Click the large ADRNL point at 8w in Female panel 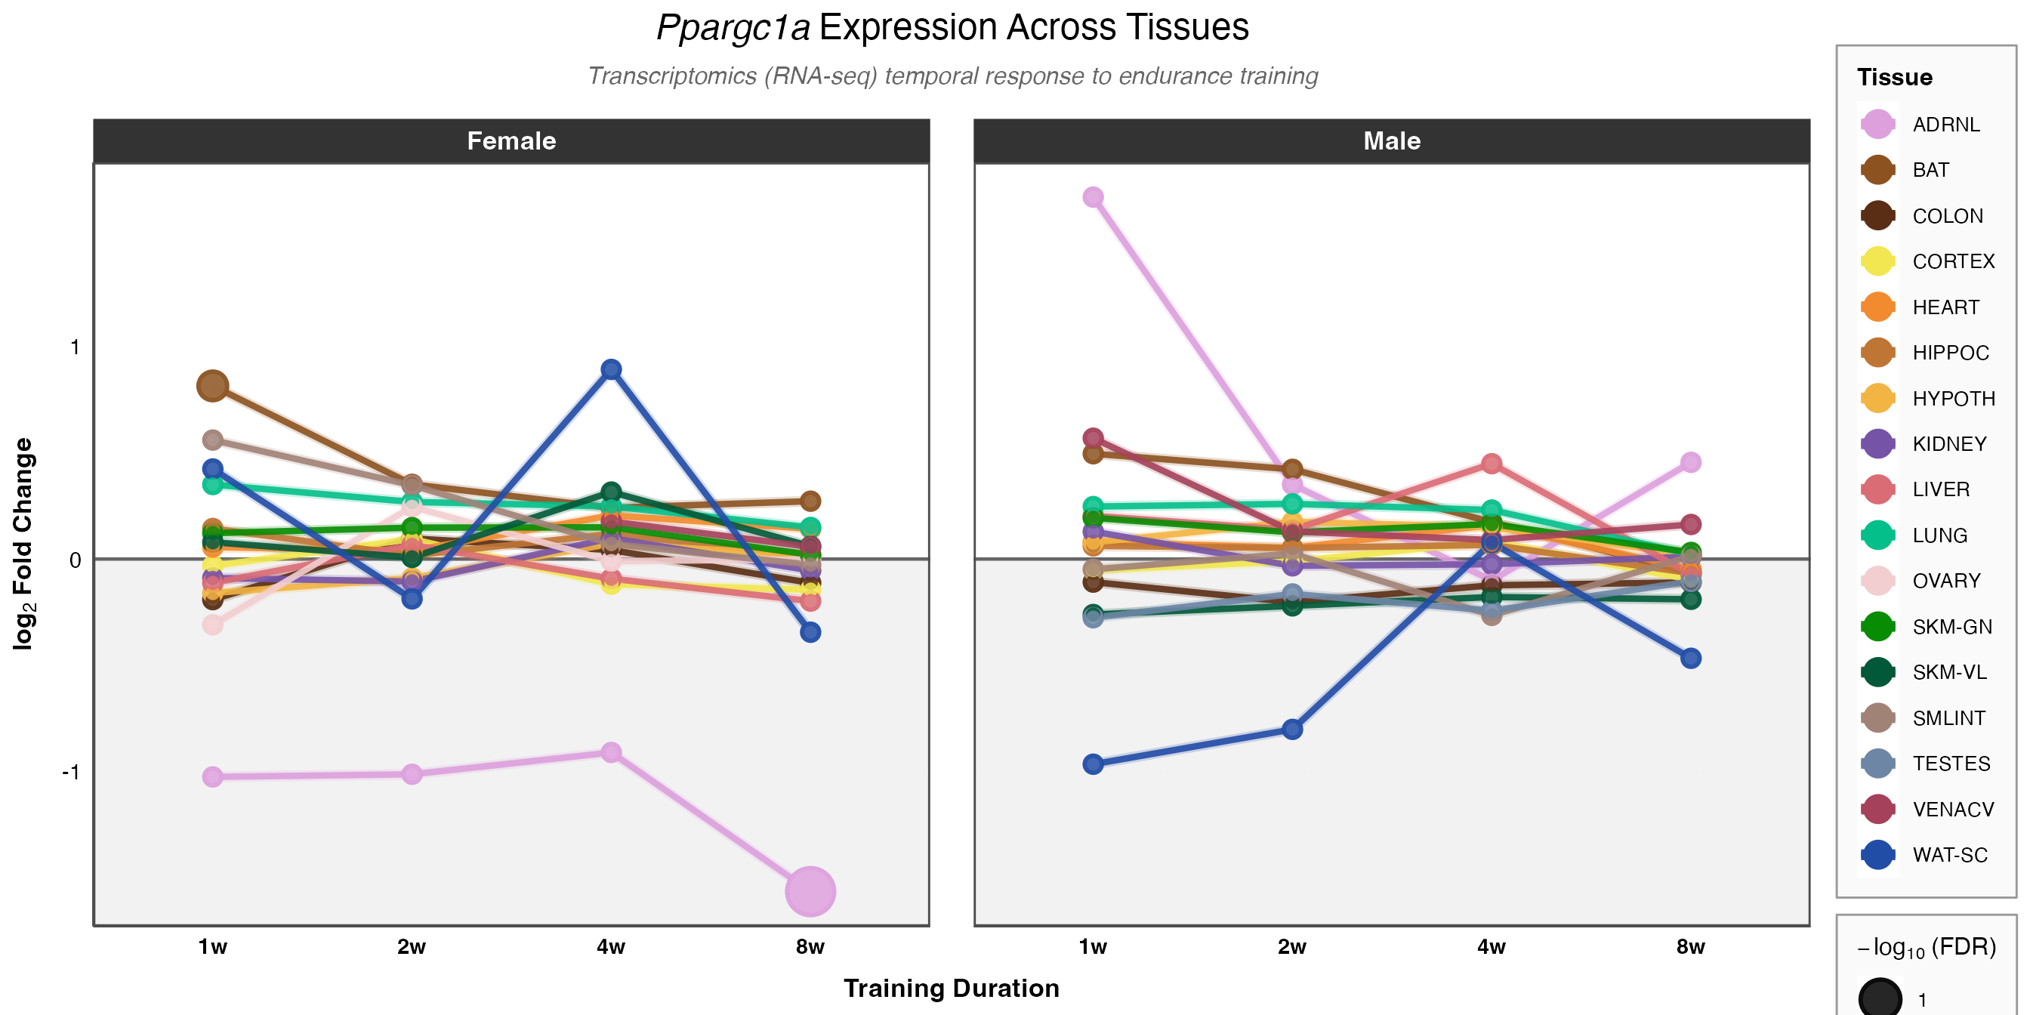point(810,891)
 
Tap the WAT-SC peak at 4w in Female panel point(611,369)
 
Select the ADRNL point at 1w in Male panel point(1093,197)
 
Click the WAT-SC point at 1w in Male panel point(1093,764)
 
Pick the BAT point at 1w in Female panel point(213,386)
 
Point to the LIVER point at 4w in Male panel point(1491,464)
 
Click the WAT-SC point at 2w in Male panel point(1292,729)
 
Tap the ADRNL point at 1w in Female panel point(213,776)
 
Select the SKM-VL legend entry point(1949,672)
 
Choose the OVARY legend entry point(1945,581)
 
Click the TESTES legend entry point(1951,764)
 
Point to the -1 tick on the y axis point(72,773)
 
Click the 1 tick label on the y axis point(75,347)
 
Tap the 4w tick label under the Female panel point(611,946)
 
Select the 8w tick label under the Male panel point(1690,946)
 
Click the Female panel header point(511,141)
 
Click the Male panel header point(1392,141)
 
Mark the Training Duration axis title point(951,989)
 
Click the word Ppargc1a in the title point(733,28)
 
